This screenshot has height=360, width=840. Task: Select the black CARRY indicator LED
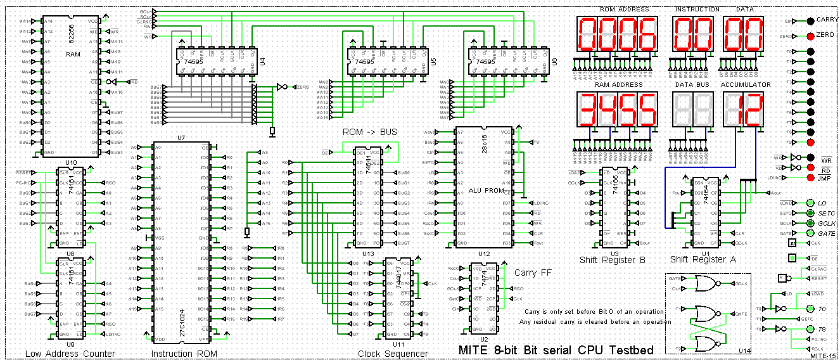810,21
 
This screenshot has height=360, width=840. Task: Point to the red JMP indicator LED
810,178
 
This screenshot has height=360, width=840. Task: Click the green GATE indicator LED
810,233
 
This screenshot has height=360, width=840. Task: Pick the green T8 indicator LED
810,329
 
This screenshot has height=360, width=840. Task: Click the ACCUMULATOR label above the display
746,84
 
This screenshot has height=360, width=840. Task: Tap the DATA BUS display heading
693,84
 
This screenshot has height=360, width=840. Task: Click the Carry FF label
535,273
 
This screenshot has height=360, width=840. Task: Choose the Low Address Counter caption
70,354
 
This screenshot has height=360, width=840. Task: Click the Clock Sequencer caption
392,354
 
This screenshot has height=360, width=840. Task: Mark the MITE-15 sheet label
823,356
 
